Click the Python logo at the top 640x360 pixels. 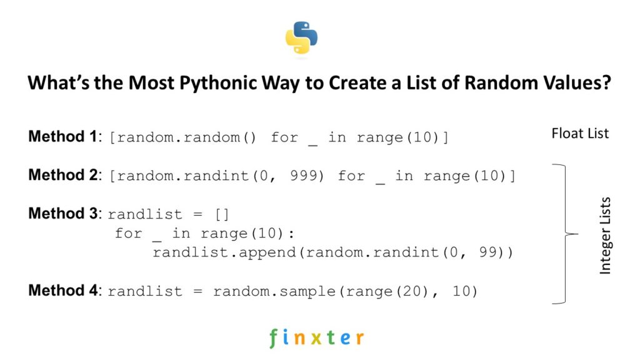pos(302,39)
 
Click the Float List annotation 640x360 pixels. pos(580,133)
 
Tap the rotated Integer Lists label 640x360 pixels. pos(604,236)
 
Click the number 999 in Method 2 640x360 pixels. pos(306,176)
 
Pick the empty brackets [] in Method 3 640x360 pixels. pos(222,214)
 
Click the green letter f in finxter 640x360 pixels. pos(273,338)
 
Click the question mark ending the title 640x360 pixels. pos(606,84)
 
